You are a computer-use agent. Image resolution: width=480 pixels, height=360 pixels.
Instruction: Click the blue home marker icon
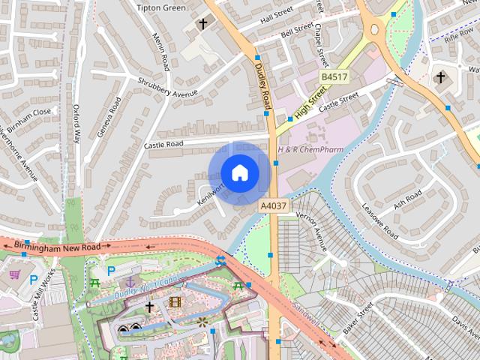(x=239, y=173)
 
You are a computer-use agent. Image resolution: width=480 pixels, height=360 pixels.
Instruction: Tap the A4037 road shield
(x=272, y=205)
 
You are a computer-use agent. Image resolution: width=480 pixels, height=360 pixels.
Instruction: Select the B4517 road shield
(x=334, y=77)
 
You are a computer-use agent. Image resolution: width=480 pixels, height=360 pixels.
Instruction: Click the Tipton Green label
(x=161, y=7)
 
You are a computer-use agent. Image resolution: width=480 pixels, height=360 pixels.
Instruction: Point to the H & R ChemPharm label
(x=310, y=149)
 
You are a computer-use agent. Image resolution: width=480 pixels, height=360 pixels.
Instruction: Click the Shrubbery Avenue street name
(x=167, y=87)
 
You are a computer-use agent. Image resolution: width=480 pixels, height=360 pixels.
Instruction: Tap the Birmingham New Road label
(x=57, y=246)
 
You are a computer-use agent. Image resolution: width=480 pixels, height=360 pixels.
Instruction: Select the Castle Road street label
(x=163, y=143)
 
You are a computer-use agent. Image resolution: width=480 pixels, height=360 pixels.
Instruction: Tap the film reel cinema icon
(x=175, y=302)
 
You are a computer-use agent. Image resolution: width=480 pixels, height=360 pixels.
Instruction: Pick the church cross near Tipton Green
(x=202, y=25)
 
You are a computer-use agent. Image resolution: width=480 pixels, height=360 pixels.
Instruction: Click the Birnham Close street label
(x=26, y=117)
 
